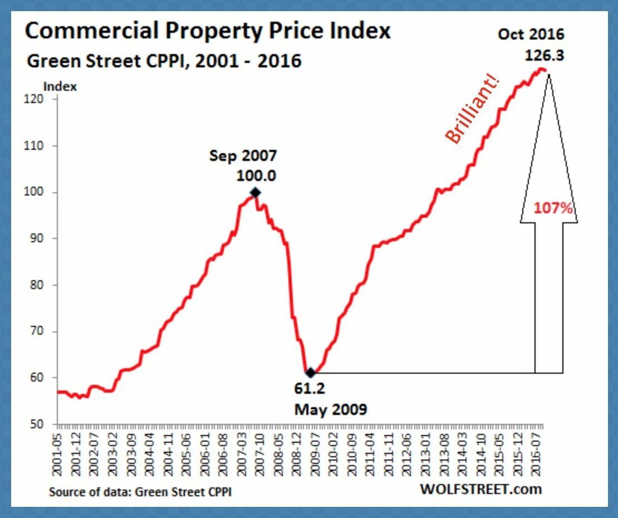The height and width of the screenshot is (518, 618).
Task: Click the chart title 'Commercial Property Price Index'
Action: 208,31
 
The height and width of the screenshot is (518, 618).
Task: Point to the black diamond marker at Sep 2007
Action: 256,193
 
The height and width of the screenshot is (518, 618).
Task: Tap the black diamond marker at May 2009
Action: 310,372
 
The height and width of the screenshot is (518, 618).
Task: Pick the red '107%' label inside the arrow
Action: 553,208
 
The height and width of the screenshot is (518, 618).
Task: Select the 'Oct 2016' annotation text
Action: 531,34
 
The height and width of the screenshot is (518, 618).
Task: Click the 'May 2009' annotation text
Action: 331,410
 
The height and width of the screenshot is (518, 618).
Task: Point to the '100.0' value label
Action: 256,175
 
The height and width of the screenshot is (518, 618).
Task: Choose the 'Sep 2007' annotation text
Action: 243,156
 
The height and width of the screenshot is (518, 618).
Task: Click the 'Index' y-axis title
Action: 60,86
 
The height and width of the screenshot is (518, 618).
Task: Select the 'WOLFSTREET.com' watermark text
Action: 480,489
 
